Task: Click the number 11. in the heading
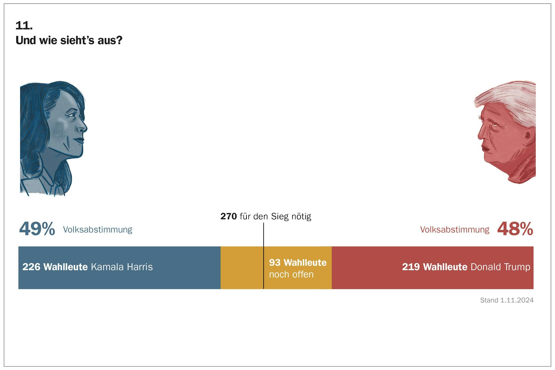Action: pos(24,26)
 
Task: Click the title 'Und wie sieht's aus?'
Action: pos(69,40)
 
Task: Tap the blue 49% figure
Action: pos(37,229)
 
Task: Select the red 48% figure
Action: pos(515,229)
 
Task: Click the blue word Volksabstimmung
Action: pos(97,230)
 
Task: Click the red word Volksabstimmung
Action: pos(455,230)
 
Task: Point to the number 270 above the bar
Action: pos(228,216)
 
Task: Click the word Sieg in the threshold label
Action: pos(280,216)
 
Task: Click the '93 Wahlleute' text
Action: pos(298,263)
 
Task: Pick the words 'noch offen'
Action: pos(291,274)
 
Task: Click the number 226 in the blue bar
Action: pos(31,267)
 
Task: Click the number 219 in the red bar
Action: pos(411,267)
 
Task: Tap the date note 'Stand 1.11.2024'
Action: pos(507,300)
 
